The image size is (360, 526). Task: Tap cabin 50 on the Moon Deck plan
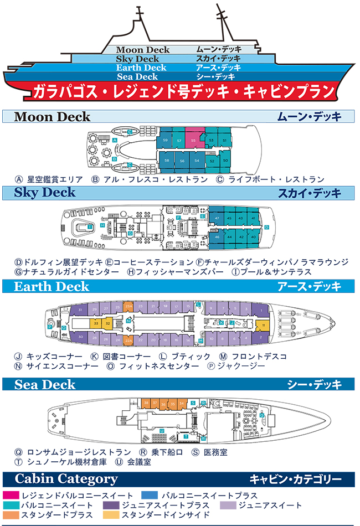pos(225,161)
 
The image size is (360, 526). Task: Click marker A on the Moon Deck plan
pos(114,141)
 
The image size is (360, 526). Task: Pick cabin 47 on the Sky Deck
pos(218,218)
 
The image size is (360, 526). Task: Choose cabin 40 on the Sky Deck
pos(253,237)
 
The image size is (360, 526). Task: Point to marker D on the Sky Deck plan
pos(267,227)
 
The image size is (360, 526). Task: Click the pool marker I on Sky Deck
pos(90,227)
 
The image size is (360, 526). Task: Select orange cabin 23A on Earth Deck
pos(128,306)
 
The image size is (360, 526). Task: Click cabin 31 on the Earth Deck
pos(81,310)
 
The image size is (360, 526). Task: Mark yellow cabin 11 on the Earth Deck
pos(264,324)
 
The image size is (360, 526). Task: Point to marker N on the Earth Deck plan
pos(128,321)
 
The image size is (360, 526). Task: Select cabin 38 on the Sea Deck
pos(146,403)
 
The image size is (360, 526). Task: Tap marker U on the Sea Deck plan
pos(161,430)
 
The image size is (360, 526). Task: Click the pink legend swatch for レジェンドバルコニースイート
pos(11,495)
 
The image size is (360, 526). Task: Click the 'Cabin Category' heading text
pos(66,479)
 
